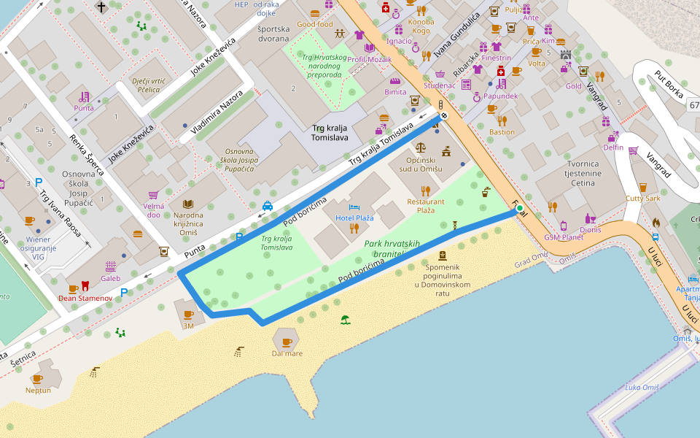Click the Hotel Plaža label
[x=354, y=218]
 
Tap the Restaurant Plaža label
[x=426, y=206]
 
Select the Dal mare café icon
[x=287, y=342]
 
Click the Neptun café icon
[x=38, y=378]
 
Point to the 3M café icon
[x=188, y=315]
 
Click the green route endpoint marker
[x=519, y=209]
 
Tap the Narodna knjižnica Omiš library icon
[x=188, y=204]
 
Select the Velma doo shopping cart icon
[x=153, y=195]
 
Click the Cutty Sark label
[x=642, y=199]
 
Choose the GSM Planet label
[x=563, y=237]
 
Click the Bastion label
[x=502, y=132]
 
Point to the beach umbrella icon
[x=345, y=319]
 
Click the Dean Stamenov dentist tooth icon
[x=85, y=286]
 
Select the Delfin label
[x=613, y=147]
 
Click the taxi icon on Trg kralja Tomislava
[x=268, y=206]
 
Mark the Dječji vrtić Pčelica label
[x=145, y=85]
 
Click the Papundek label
[x=500, y=96]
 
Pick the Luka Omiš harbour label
[x=642, y=387]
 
